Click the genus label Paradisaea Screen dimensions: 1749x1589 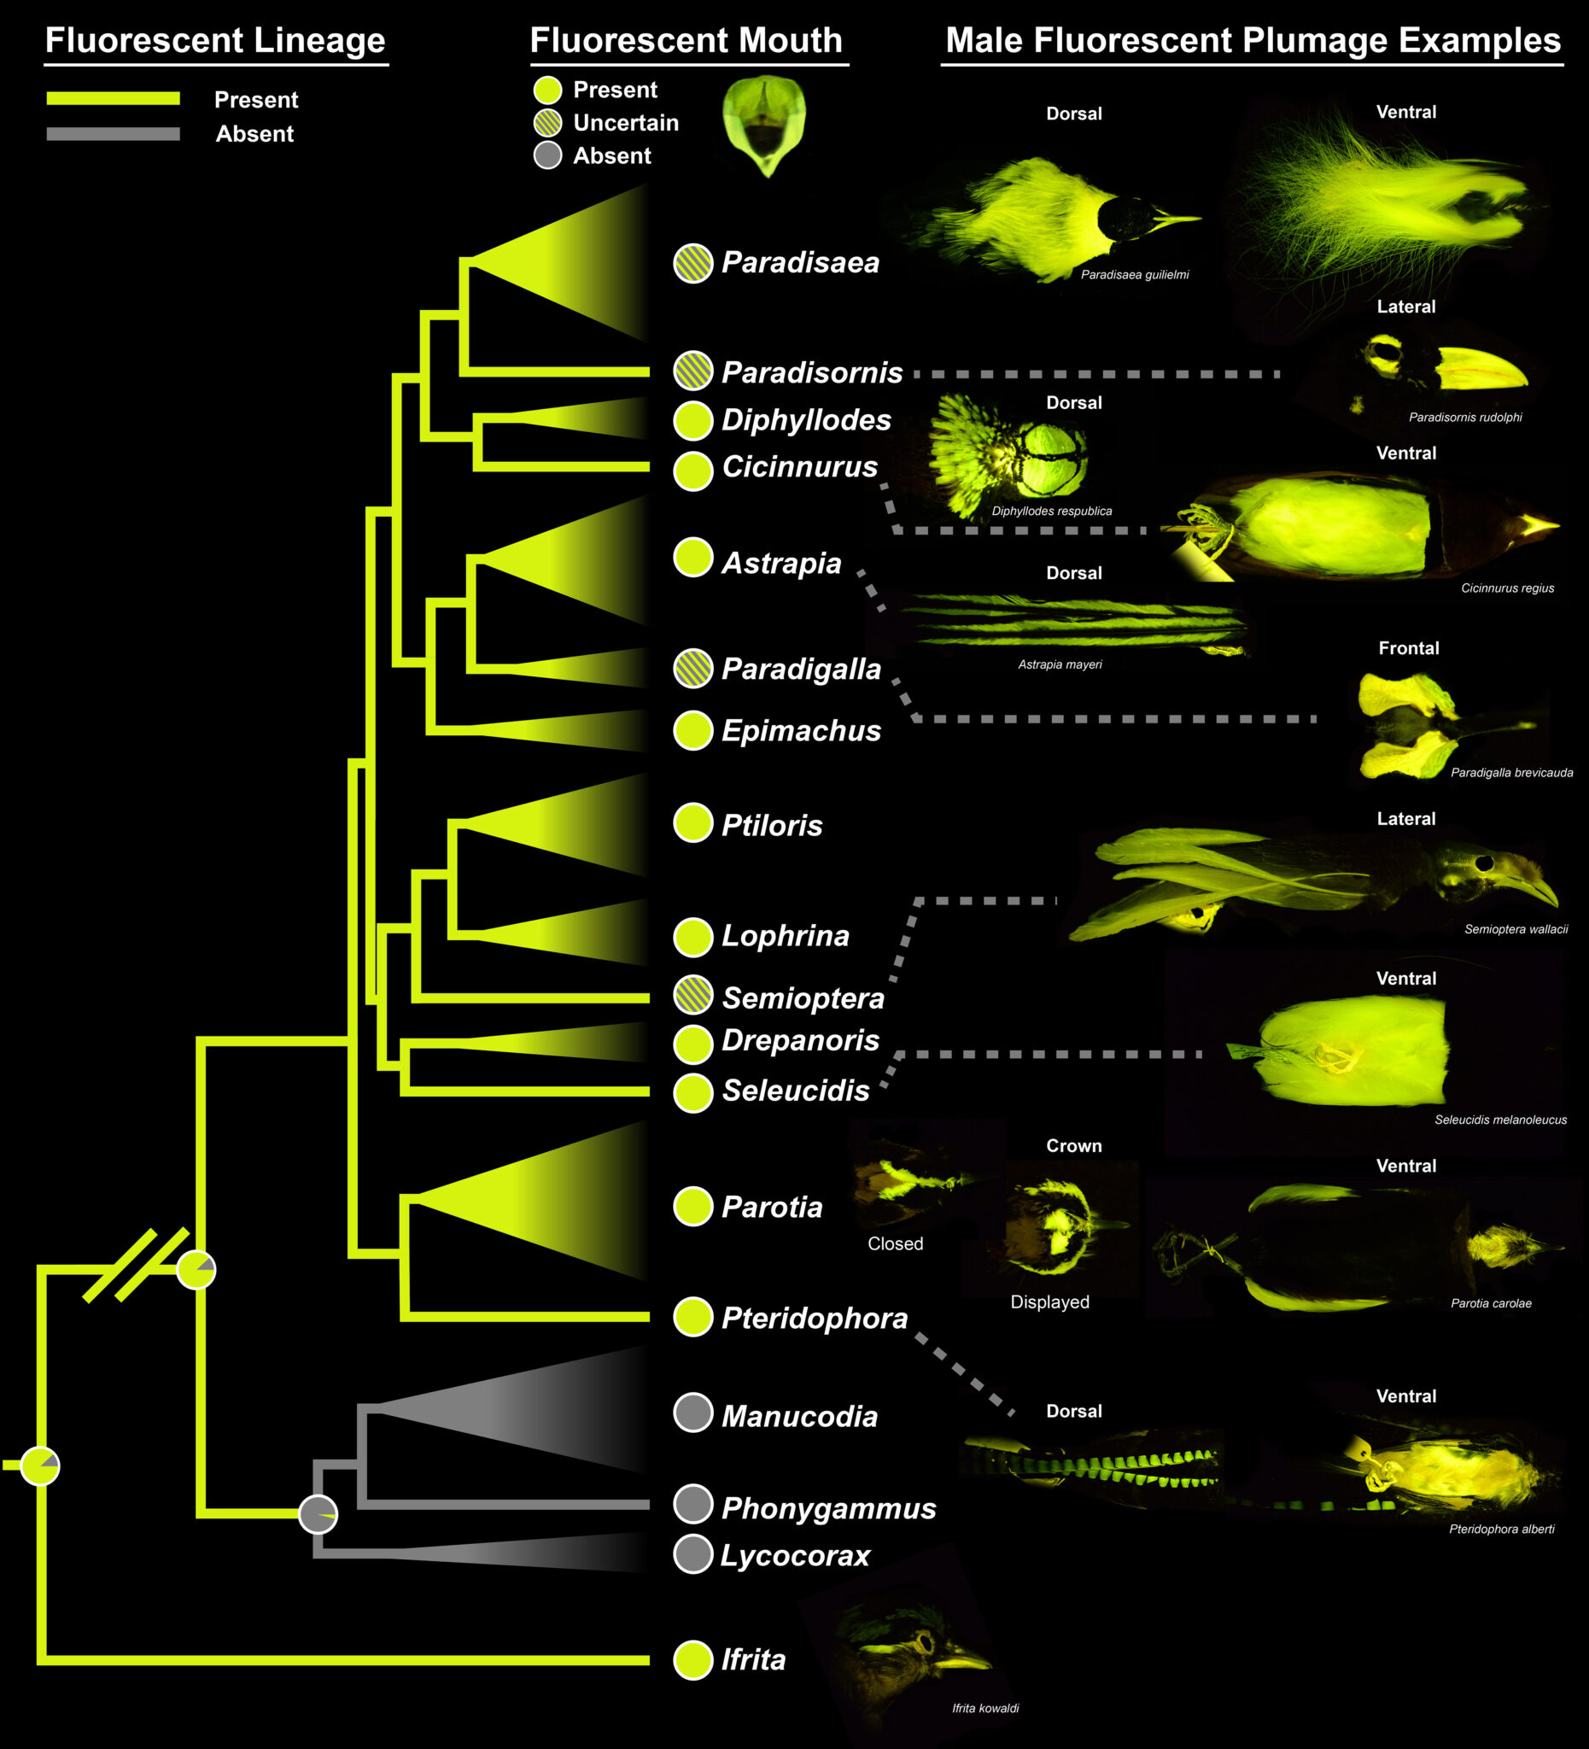pos(800,263)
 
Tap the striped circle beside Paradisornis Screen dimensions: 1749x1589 pos(693,371)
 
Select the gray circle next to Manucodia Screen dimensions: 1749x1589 pos(693,1413)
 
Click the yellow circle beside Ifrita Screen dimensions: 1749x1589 pos(693,1660)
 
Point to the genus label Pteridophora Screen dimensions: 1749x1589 pos(815,1318)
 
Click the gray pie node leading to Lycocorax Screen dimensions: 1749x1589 pos(318,1514)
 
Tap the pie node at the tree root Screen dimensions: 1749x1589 pos(40,1465)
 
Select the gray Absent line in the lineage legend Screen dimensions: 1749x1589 pos(113,133)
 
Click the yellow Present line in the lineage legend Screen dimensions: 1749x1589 pos(113,99)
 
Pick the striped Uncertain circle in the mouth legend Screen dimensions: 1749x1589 pos(547,122)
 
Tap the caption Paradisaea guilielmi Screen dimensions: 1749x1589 pos(1135,275)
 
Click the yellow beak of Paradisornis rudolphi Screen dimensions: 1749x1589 pos(1480,369)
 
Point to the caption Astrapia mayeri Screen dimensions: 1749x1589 pos(1060,664)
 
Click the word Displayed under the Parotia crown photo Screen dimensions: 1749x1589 pos(1049,1302)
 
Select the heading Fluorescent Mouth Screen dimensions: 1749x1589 pos(686,41)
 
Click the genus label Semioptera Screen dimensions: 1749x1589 pos(803,998)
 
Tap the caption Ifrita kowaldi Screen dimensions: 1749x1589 pos(985,1708)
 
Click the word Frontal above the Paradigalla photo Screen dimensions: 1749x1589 pos(1409,648)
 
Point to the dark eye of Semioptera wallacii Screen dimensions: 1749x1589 pos(1484,863)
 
